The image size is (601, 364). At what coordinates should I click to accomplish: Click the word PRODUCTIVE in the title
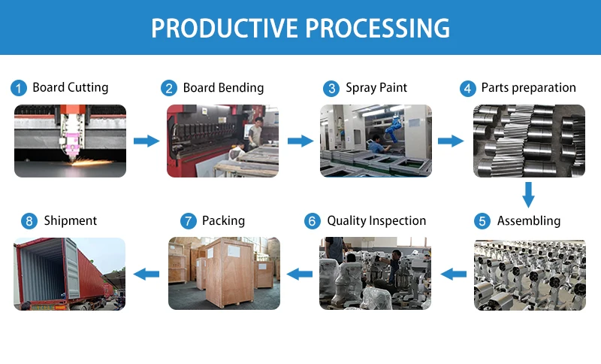click(224, 28)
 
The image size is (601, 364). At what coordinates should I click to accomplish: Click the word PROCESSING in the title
click(377, 28)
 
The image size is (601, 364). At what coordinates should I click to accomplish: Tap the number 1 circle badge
click(18, 88)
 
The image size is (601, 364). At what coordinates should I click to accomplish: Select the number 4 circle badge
click(467, 89)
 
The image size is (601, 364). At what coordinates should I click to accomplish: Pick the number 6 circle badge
click(312, 221)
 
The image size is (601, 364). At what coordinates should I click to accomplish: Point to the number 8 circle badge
click(29, 221)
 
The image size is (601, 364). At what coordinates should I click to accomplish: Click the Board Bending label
click(223, 88)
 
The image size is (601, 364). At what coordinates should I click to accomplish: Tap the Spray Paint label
click(376, 88)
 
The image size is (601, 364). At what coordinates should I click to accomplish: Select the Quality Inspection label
click(376, 221)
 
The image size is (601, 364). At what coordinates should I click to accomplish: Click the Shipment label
click(71, 220)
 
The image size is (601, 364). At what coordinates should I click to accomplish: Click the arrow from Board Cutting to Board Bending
click(146, 141)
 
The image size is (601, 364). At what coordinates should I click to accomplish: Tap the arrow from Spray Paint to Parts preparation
click(451, 141)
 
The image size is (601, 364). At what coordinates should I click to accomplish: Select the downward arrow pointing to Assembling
click(529, 195)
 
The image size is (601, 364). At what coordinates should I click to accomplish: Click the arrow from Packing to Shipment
click(146, 274)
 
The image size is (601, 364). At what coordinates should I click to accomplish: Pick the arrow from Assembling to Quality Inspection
click(454, 274)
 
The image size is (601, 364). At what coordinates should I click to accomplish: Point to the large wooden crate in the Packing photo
click(229, 271)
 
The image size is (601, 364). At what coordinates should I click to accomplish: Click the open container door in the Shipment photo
click(71, 268)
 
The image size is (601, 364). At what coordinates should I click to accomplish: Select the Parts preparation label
click(529, 88)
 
